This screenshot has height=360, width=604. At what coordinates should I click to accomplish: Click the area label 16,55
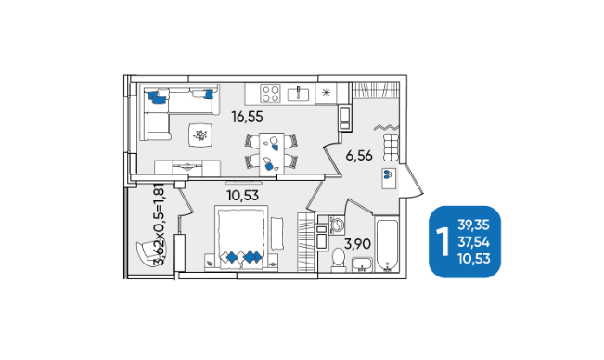247,116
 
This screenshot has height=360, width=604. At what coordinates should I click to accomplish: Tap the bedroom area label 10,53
243,196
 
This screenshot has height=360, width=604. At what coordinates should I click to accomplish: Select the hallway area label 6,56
359,156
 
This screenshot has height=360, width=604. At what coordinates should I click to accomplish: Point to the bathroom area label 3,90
357,244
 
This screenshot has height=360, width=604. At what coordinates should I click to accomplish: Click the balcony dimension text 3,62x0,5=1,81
159,225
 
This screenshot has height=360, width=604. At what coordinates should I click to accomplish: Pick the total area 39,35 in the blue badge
473,225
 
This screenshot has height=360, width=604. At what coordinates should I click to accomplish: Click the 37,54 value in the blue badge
473,242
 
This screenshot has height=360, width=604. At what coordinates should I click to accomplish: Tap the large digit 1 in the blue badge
443,242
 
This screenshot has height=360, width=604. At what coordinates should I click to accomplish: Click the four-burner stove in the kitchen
270,94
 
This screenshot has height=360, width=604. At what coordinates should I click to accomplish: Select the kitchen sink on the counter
298,93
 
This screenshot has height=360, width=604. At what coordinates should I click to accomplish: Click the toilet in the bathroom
339,259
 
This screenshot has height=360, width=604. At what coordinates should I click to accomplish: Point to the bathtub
387,245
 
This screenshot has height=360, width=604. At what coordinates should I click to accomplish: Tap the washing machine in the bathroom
337,225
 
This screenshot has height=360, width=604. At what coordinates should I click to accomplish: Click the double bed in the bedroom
241,238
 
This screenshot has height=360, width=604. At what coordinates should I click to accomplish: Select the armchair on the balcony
147,252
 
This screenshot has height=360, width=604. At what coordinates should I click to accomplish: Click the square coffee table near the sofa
200,135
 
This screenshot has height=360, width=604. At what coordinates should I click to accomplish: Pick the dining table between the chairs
272,154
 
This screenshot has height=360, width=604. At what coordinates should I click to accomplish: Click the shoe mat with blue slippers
389,178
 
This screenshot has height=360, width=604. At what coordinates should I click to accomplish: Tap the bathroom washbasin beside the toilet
362,264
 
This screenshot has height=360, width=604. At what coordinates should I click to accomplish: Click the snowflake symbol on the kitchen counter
326,93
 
